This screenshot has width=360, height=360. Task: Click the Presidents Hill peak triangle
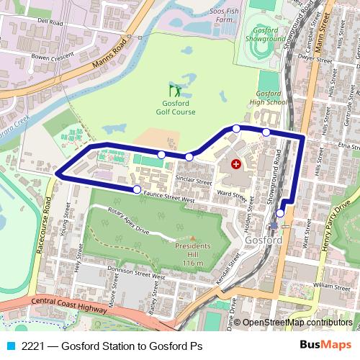[x=192, y=239]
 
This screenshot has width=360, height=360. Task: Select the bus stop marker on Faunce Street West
[x=137, y=189]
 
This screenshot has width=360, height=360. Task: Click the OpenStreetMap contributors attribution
[x=297, y=323]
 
